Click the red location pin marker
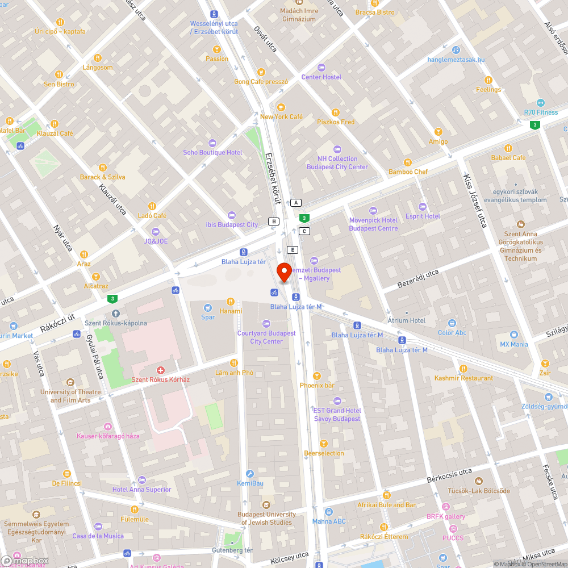pyautogui.click(x=283, y=272)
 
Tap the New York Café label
pyautogui.click(x=281, y=116)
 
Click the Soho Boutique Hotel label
pyautogui.click(x=212, y=152)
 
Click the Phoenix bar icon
pyautogui.click(x=317, y=375)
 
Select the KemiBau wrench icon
pyautogui.click(x=249, y=474)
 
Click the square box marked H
pyautogui.click(x=274, y=221)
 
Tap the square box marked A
pyautogui.click(x=296, y=203)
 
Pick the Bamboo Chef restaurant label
pyautogui.click(x=408, y=172)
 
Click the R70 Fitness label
pyautogui.click(x=541, y=112)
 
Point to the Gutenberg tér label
pyautogui.click(x=232, y=550)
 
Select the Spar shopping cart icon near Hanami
pyautogui.click(x=208, y=307)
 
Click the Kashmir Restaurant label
pyautogui.click(x=463, y=378)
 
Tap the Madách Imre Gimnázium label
pyautogui.click(x=299, y=15)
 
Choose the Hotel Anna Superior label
pyautogui.click(x=141, y=489)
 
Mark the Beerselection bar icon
pyautogui.click(x=324, y=443)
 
